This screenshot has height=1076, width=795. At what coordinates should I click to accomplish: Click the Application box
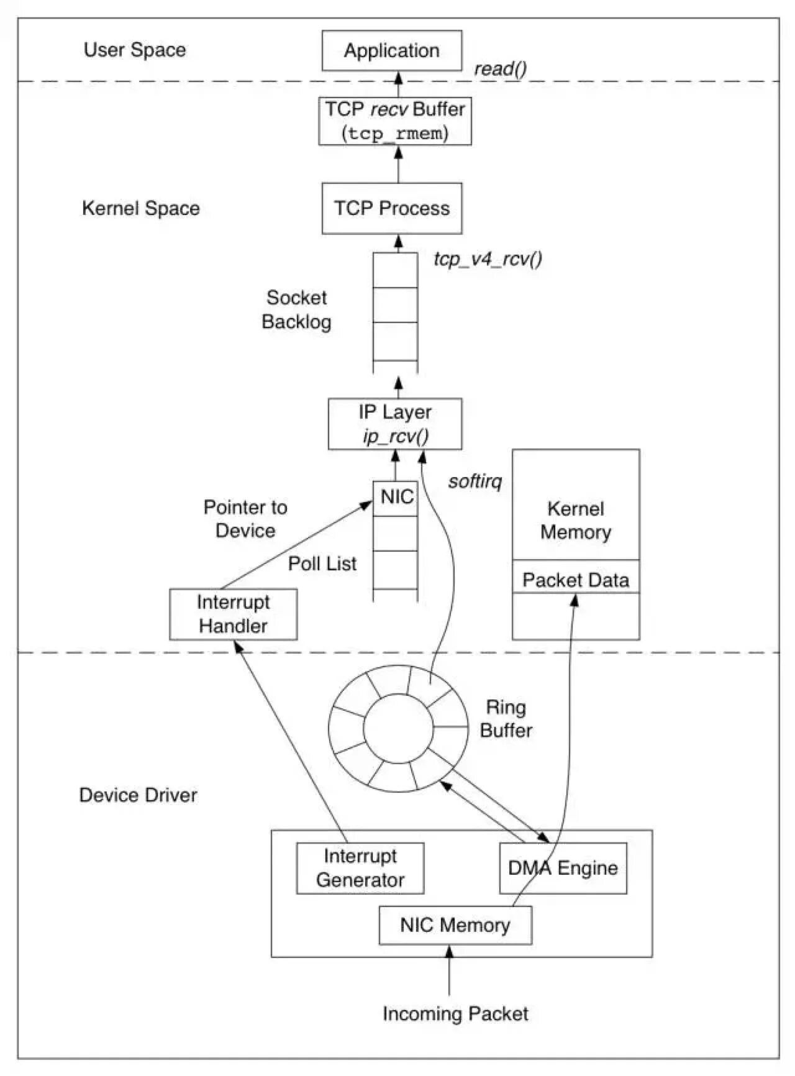point(392,50)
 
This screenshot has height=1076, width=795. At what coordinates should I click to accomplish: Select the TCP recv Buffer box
point(395,121)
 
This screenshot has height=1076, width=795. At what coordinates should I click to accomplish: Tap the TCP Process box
point(392,208)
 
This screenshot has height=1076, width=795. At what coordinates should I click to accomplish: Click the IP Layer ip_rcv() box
point(395,424)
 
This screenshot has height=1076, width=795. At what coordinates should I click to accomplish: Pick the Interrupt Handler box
point(234,614)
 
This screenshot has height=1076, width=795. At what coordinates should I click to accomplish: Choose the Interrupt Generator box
point(360,868)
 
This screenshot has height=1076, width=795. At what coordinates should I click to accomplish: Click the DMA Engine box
point(563,868)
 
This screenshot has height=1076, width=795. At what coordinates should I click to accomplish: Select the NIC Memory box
point(455,925)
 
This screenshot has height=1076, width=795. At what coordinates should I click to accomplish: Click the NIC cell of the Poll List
point(396,498)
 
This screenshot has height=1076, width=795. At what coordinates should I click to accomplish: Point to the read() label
point(501,68)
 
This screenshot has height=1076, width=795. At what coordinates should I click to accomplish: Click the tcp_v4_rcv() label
point(488,258)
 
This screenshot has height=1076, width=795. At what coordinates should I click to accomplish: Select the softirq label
point(475,481)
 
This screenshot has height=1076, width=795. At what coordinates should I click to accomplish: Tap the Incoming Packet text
point(455,1013)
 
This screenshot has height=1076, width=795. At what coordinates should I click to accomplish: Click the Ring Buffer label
point(506,718)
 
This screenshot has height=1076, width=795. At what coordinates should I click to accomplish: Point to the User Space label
point(135,50)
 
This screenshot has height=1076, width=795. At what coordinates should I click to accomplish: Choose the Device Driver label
point(138,795)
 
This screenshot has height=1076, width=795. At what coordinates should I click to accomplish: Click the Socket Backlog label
point(297,309)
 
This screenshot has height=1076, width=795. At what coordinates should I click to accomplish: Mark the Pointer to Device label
point(245,519)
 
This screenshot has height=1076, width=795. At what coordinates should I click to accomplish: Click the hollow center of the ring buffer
point(398,728)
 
